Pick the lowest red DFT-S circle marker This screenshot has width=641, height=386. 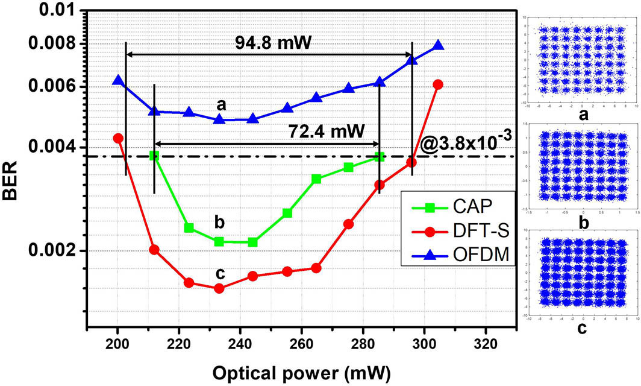pyautogui.click(x=219, y=288)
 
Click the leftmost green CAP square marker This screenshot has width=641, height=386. pyautogui.click(x=154, y=156)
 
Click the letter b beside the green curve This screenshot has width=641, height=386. pyautogui.click(x=219, y=223)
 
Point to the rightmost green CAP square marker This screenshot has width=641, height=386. pyautogui.click(x=380, y=157)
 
